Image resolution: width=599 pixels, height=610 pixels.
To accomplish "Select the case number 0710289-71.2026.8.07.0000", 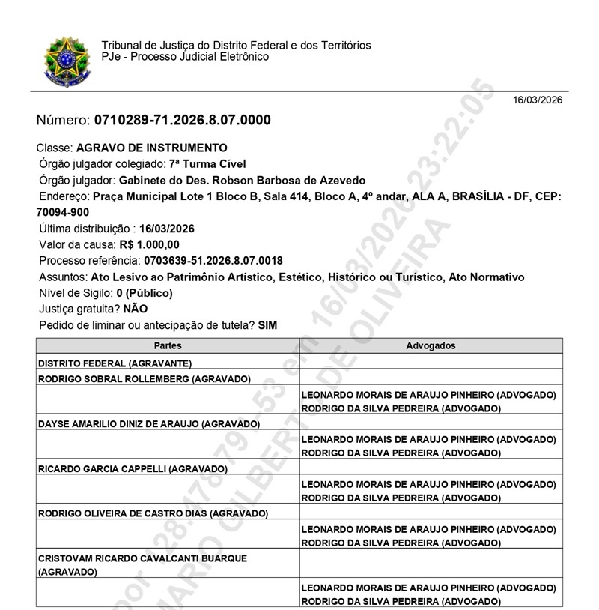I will tap(182, 121).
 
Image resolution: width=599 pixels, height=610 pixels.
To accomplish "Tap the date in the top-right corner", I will tap(537, 100).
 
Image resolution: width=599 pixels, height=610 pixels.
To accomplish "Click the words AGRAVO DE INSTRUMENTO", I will tap(152, 148).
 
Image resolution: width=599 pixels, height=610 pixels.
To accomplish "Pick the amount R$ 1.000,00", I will tap(149, 244).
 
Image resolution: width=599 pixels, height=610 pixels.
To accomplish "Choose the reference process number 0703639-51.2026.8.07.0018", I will tap(211, 261).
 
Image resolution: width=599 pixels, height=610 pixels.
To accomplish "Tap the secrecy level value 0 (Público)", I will tap(145, 293).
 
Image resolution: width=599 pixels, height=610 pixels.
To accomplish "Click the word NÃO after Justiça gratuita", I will tap(136, 309).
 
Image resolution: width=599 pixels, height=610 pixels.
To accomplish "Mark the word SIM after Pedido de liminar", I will tap(267, 325).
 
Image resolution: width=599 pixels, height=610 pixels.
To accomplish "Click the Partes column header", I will tap(168, 346).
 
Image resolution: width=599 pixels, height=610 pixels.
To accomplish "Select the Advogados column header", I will tap(431, 346).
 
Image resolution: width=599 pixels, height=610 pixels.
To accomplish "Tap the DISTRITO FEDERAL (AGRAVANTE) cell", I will tap(105, 363).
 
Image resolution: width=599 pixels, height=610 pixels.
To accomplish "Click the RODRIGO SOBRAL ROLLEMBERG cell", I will tap(144, 379).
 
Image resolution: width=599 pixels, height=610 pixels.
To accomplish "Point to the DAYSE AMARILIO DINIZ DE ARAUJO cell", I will tap(148, 424).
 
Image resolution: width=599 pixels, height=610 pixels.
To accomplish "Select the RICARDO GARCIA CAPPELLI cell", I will tap(132, 469).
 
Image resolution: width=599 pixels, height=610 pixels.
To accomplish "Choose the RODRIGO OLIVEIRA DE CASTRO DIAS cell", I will tap(153, 514).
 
